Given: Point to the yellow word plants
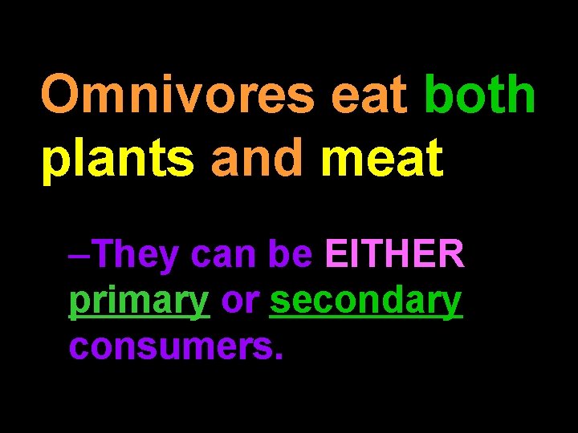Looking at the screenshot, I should coord(118,158).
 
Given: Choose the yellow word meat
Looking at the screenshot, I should coord(381,158).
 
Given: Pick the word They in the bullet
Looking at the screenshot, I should coord(134,256).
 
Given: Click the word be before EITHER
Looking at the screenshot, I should coord(290,255).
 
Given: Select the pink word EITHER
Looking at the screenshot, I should coord(393,255).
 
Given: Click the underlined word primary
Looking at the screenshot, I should coord(139,302).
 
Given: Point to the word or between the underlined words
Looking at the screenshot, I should coord(240,302).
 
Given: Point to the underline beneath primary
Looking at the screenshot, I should coord(139,318).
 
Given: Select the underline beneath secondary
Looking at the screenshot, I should coord(366,318).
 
